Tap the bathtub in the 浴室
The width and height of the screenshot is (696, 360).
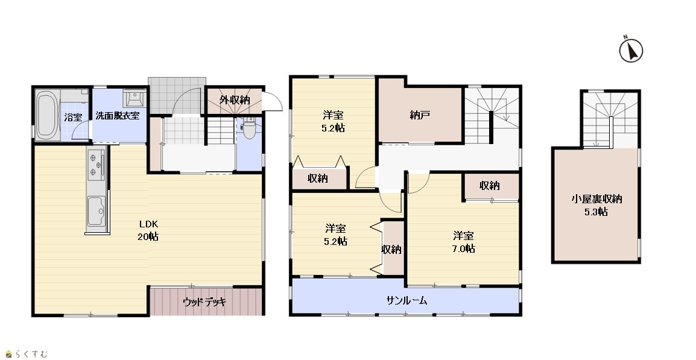click(x=46, y=115)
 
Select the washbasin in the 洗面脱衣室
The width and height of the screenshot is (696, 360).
click(x=134, y=98)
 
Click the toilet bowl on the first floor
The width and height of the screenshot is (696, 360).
click(x=250, y=128)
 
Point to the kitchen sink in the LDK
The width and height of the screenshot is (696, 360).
click(x=96, y=211)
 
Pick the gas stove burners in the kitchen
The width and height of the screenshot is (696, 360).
click(x=96, y=165)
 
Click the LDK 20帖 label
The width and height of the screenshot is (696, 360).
click(x=148, y=230)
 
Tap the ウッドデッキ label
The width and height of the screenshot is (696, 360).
click(x=204, y=302)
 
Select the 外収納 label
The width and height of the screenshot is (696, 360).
click(x=235, y=100)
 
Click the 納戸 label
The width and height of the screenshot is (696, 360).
click(x=420, y=115)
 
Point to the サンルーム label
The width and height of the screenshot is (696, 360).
click(x=407, y=300)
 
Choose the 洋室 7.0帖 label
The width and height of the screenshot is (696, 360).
click(x=463, y=242)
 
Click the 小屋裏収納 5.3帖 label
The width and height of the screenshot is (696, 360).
click(x=596, y=205)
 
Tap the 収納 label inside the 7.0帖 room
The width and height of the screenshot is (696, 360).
click(x=490, y=186)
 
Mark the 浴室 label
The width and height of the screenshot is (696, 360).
click(x=73, y=117)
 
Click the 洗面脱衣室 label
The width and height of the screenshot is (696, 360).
click(x=118, y=116)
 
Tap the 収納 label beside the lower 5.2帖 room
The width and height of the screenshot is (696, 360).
click(x=391, y=250)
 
